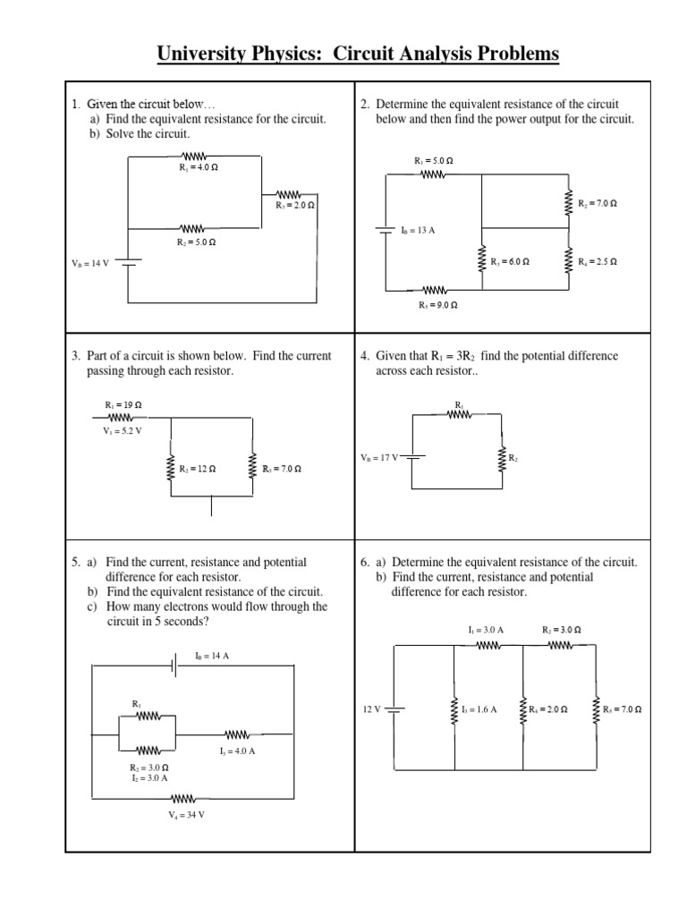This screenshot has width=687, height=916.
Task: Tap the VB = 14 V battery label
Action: click(x=89, y=264)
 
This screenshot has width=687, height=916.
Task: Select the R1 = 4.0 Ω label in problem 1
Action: click(x=199, y=166)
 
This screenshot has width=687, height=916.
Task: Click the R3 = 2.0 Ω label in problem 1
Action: click(x=295, y=205)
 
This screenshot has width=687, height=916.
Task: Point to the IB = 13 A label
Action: click(x=417, y=230)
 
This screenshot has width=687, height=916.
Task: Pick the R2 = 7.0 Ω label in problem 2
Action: click(x=598, y=203)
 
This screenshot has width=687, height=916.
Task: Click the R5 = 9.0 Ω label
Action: click(x=438, y=305)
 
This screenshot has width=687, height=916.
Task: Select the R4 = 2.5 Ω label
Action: click(x=598, y=262)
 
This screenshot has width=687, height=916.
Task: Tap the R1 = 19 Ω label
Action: click(x=123, y=404)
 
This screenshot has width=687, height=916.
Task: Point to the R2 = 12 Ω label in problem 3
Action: click(x=198, y=468)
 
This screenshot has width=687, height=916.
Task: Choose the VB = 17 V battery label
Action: click(x=379, y=457)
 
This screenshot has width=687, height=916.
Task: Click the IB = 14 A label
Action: click(x=213, y=656)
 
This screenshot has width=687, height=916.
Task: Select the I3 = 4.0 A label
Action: click(x=237, y=751)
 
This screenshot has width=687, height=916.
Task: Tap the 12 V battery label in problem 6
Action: click(x=372, y=708)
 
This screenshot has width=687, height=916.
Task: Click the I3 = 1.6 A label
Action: click(x=479, y=708)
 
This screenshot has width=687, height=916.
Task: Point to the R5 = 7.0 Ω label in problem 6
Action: click(x=623, y=708)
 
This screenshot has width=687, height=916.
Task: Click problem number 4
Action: click(x=364, y=356)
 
